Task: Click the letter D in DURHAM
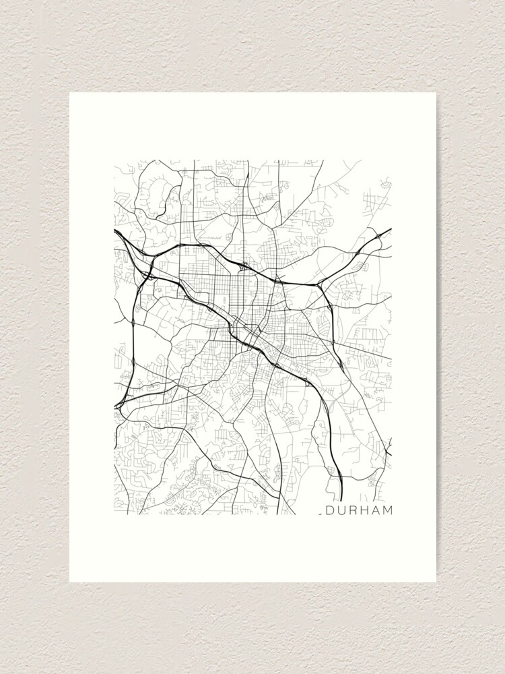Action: point(331,510)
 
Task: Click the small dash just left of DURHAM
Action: point(322,514)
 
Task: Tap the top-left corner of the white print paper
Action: point(70,93)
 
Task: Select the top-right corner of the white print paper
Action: point(436,93)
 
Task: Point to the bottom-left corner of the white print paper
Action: point(70,582)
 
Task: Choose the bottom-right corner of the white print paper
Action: point(436,582)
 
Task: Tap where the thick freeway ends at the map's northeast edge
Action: point(391,230)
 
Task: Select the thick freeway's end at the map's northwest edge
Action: point(115,231)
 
